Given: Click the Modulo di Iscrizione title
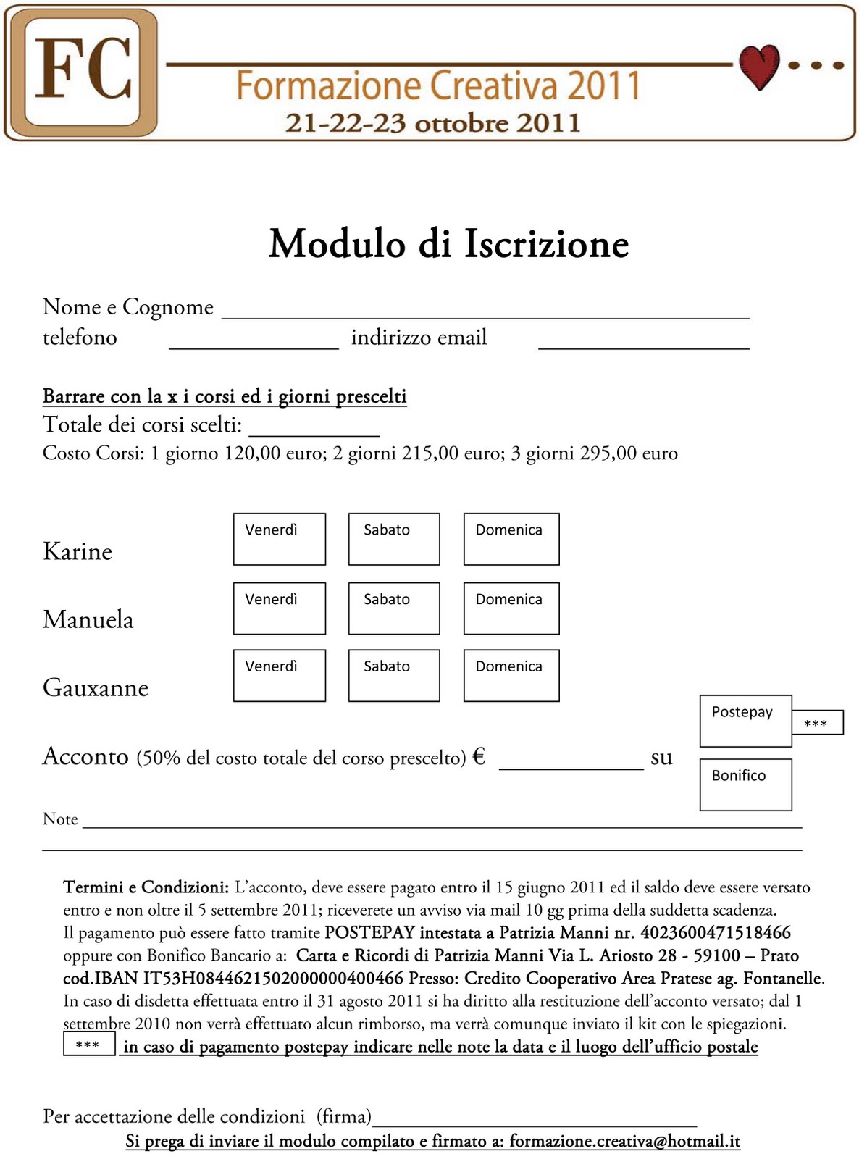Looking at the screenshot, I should pos(448,243).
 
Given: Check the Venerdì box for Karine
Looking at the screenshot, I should pos(279,539).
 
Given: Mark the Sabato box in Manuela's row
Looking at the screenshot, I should pos(393,608).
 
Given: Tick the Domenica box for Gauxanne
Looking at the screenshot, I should pos(511,676).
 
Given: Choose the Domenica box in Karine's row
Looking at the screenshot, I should pos(511,539).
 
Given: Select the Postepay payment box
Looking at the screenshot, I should pos(745,721).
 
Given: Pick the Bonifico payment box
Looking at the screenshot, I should pos(745,784).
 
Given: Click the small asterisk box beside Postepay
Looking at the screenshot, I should pos(816,723).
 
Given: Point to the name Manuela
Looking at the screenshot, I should pos(88,620).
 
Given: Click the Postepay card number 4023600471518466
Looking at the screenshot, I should pos(715,932).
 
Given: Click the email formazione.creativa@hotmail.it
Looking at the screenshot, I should pos(624,1141).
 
